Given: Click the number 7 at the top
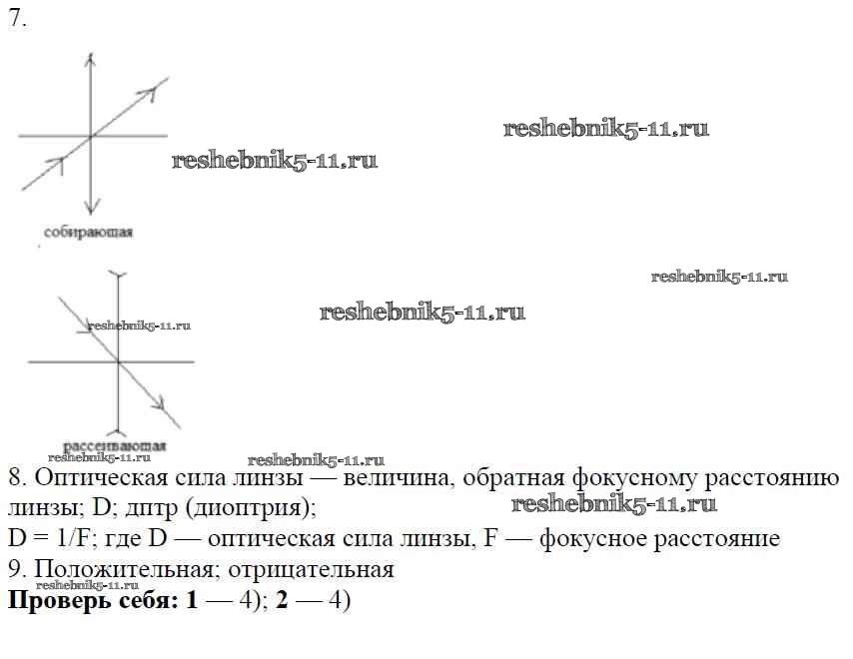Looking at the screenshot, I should pyautogui.click(x=14, y=19).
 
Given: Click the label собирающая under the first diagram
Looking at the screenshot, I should pyautogui.click(x=88, y=232).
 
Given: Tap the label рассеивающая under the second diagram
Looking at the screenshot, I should pyautogui.click(x=114, y=445).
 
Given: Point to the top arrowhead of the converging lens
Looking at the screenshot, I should pyautogui.click(x=90, y=60).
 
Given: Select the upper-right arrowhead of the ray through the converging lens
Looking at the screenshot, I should pyautogui.click(x=154, y=91).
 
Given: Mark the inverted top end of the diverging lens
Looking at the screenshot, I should pyautogui.click(x=119, y=274).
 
